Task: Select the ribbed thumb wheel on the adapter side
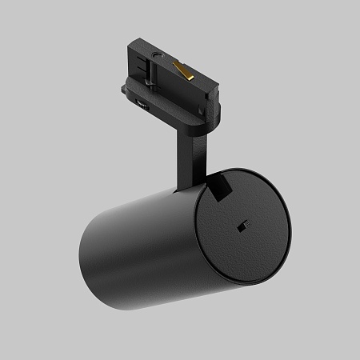(142, 102)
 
